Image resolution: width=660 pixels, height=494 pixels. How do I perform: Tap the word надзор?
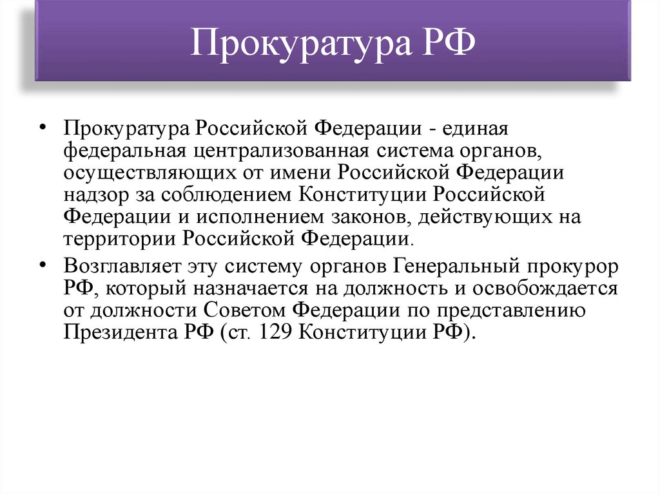[90, 195]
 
